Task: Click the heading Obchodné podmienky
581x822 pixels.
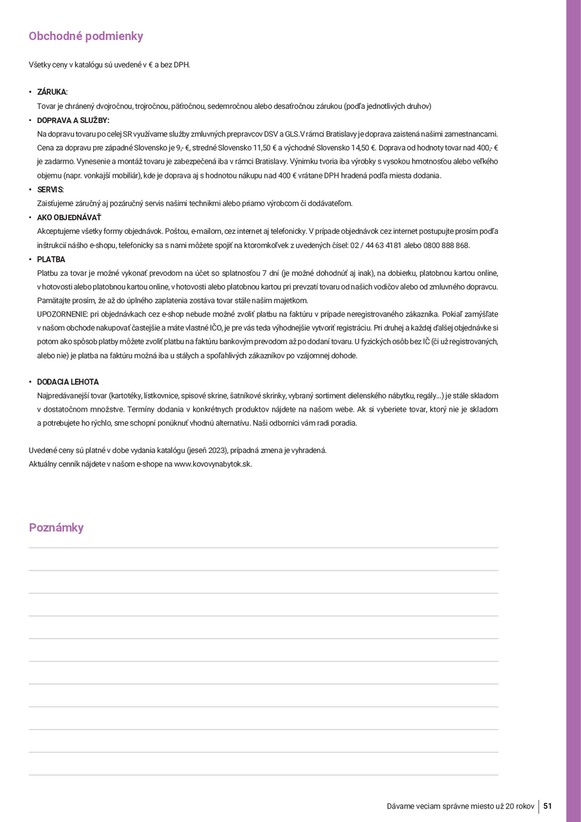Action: point(86,37)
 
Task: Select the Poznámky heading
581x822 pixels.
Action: point(56,528)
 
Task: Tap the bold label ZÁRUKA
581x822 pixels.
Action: point(52,92)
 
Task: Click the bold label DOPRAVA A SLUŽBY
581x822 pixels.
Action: point(73,120)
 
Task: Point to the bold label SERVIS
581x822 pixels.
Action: point(50,190)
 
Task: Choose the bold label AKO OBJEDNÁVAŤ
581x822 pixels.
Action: point(69,218)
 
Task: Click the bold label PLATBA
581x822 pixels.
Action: point(51,260)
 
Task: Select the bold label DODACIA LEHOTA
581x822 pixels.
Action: point(68,382)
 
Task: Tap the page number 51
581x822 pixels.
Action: point(548,806)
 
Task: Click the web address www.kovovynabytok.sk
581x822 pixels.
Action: point(213,464)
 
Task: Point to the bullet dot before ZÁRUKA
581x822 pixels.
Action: point(30,92)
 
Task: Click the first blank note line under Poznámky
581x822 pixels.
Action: point(263,548)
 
